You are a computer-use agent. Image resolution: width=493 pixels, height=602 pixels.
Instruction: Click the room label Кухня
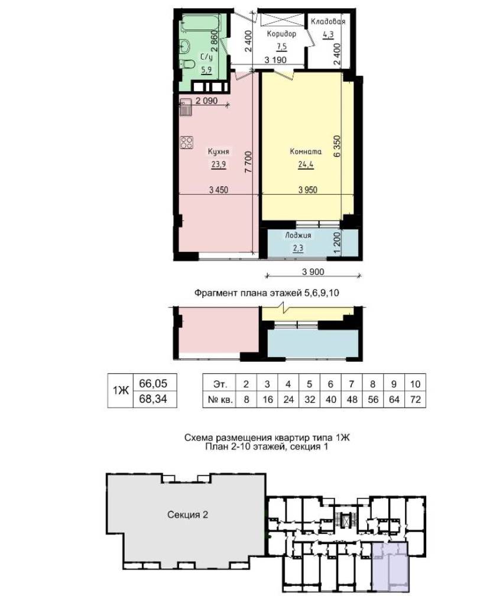(218, 151)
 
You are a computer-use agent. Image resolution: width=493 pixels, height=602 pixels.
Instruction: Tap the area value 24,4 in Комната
(306, 165)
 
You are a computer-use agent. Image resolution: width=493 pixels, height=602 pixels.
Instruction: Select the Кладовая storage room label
(328, 21)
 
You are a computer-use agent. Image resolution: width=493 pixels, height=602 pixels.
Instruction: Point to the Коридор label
(281, 34)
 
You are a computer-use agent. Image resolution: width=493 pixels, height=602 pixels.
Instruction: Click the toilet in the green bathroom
(187, 64)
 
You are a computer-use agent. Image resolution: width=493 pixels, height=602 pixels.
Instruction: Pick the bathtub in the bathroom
(200, 23)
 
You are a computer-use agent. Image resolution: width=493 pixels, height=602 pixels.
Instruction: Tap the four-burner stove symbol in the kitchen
(187, 143)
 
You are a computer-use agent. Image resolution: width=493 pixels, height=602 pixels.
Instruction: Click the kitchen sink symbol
(186, 107)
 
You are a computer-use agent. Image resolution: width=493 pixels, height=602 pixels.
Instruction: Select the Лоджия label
(298, 235)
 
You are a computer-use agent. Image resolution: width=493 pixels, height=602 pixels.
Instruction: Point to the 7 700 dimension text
(248, 161)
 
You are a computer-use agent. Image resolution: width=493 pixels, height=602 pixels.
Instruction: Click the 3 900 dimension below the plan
(313, 272)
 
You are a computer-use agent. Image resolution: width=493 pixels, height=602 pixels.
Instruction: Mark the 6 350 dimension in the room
(337, 146)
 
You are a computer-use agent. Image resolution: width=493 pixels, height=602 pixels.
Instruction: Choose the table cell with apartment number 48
(352, 400)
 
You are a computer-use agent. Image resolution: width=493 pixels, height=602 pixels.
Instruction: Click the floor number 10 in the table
(415, 384)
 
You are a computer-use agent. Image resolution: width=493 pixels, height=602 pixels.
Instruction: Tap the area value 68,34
(153, 399)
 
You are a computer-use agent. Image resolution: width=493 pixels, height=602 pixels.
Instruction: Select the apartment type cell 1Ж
(121, 390)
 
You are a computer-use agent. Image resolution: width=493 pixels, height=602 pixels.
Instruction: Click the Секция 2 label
(187, 514)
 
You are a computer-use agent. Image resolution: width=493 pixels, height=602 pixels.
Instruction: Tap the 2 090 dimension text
(206, 101)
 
